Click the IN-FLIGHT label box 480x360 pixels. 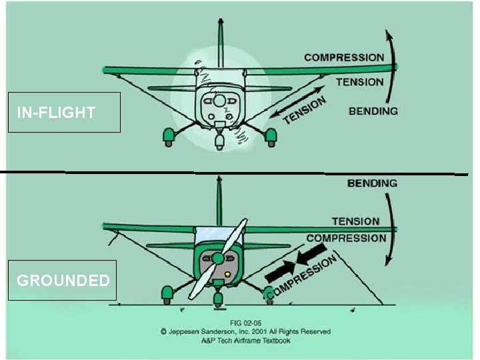tap(64, 112)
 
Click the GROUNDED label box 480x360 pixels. tap(63, 280)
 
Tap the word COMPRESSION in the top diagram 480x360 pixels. tap(344, 57)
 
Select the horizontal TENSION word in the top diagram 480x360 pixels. tap(360, 82)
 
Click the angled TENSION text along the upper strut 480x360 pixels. tap(305, 110)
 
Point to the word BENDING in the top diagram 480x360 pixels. tap(373, 111)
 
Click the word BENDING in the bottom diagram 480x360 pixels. tap(372, 183)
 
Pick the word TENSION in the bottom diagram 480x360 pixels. tap(355, 221)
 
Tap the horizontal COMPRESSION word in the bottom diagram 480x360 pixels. tap(346, 238)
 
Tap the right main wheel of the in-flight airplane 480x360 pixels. tap(271, 137)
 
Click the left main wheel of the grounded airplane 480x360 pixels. tap(167, 293)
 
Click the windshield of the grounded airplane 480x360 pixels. tap(218, 235)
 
